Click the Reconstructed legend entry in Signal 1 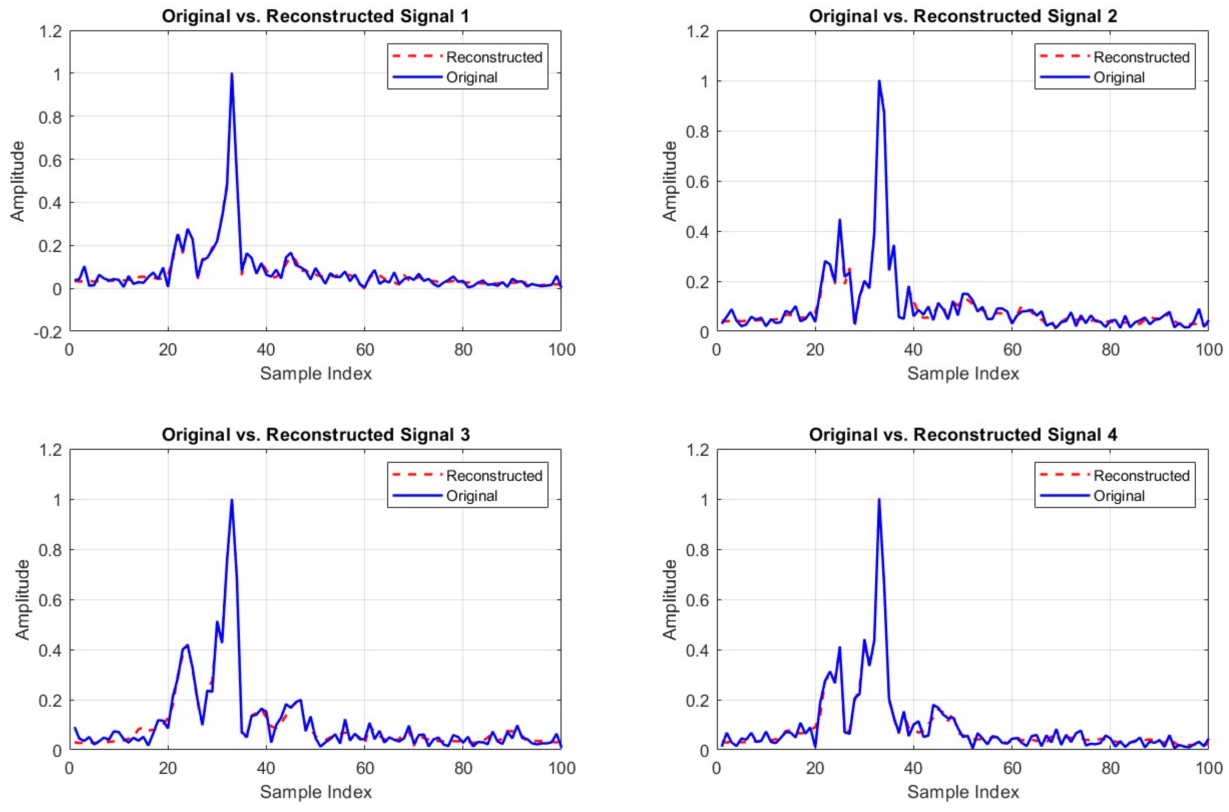pos(494,57)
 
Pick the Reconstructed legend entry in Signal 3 pos(494,475)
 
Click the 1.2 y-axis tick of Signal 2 pos(697,32)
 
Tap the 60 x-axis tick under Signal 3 pos(364,768)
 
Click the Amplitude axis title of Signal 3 pos(22,599)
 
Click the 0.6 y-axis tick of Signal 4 pos(697,600)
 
